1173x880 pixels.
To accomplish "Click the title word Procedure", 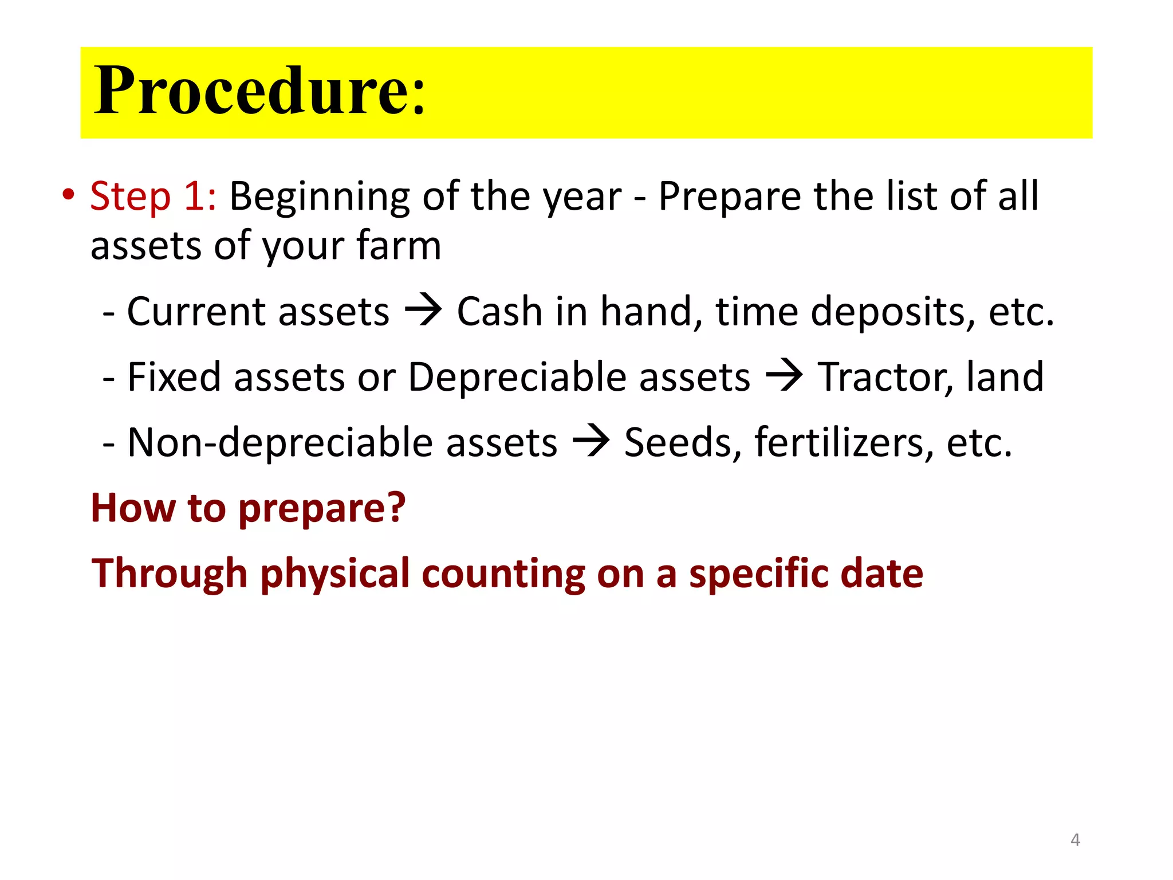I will (x=259, y=92).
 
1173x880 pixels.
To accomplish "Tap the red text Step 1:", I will (x=153, y=197).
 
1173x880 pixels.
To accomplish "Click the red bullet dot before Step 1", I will (x=69, y=194).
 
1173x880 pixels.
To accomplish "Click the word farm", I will (x=399, y=246).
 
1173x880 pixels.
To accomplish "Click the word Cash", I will (x=499, y=312).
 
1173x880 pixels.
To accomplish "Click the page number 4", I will (x=1075, y=840).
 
